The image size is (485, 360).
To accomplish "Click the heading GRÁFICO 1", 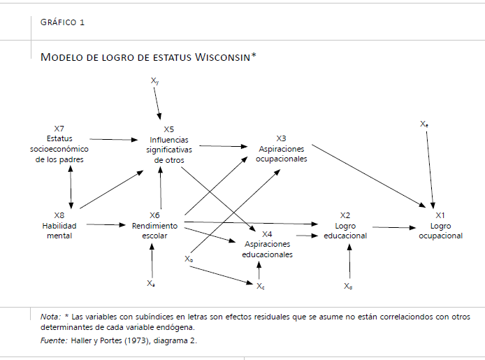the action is click(x=62, y=22).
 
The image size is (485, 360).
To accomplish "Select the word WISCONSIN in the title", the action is click(x=223, y=57).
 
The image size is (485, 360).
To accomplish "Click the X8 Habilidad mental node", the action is click(x=59, y=226).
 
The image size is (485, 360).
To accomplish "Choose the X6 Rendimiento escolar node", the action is click(x=154, y=226).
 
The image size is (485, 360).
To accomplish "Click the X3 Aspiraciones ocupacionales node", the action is click(x=281, y=148).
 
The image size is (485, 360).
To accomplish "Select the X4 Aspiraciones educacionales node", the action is click(x=267, y=245).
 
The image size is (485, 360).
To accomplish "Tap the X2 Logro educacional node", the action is click(x=345, y=226).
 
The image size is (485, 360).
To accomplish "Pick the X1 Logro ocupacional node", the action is click(x=440, y=226).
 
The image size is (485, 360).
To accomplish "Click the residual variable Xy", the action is click(x=154, y=80).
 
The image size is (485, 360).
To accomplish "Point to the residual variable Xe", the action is click(x=424, y=124).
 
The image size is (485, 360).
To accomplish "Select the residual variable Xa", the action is click(x=151, y=283).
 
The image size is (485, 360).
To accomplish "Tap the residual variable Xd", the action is click(x=348, y=286).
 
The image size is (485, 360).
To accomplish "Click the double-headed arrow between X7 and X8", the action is click(x=71, y=187).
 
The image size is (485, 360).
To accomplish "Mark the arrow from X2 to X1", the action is click(x=394, y=228).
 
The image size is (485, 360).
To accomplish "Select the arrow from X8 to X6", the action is click(x=106, y=224).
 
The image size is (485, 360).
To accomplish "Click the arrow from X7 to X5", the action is click(x=113, y=140).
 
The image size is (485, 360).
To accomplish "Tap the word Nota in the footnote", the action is click(x=50, y=317).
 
